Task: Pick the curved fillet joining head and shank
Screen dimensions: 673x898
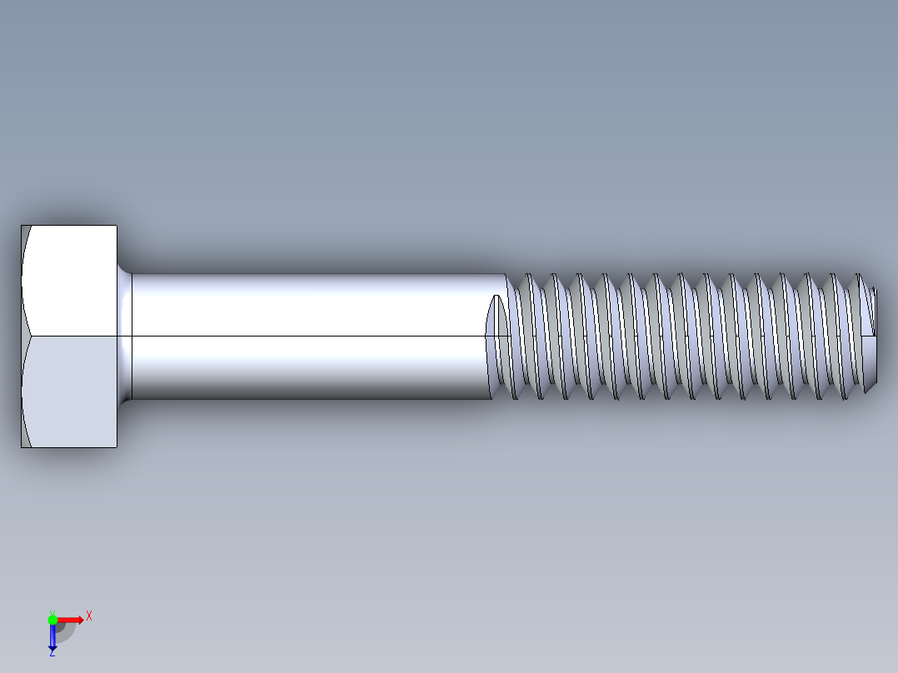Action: pyautogui.click(x=125, y=336)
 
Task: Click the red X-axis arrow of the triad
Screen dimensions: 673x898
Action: pyautogui.click(x=72, y=620)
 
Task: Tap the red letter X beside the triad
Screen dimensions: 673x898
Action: pyautogui.click(x=88, y=616)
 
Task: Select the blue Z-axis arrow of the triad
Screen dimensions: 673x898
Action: pyautogui.click(x=52, y=637)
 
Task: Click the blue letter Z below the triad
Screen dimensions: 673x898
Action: pyautogui.click(x=52, y=653)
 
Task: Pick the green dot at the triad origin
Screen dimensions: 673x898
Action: pyautogui.click(x=52, y=619)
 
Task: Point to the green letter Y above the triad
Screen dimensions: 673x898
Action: pyautogui.click(x=52, y=611)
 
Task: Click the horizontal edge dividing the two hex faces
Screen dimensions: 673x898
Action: pyautogui.click(x=71, y=336)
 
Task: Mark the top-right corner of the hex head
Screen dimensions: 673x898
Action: pyautogui.click(x=117, y=226)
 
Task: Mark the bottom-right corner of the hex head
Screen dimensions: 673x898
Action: pyautogui.click(x=117, y=447)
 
